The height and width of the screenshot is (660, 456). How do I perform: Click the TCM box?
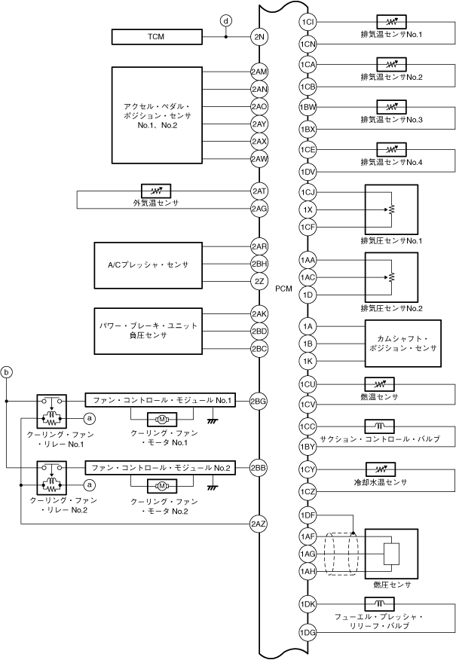click(x=157, y=36)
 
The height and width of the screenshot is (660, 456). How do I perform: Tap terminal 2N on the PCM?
click(x=259, y=36)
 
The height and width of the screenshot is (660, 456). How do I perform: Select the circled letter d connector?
click(x=225, y=21)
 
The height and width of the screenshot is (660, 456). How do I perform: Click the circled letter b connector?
click(x=8, y=372)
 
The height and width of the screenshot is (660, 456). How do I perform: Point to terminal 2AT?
click(x=259, y=193)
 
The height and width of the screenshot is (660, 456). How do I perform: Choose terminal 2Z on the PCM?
click(x=259, y=281)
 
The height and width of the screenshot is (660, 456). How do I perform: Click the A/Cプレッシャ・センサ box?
click(x=147, y=264)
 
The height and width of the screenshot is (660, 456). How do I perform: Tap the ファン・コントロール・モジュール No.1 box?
click(x=161, y=400)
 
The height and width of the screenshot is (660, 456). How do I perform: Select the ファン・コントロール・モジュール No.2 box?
click(x=161, y=468)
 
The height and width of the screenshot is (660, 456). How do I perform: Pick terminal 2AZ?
click(x=259, y=522)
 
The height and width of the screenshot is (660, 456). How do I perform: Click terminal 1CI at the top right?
click(x=308, y=22)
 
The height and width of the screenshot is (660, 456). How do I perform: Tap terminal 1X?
click(x=308, y=209)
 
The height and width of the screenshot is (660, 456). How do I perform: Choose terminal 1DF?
click(x=308, y=516)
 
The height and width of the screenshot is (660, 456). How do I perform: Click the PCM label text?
click(x=283, y=288)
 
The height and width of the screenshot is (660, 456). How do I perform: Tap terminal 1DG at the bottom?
click(x=308, y=631)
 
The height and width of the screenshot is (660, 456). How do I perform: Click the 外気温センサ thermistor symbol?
click(x=157, y=190)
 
